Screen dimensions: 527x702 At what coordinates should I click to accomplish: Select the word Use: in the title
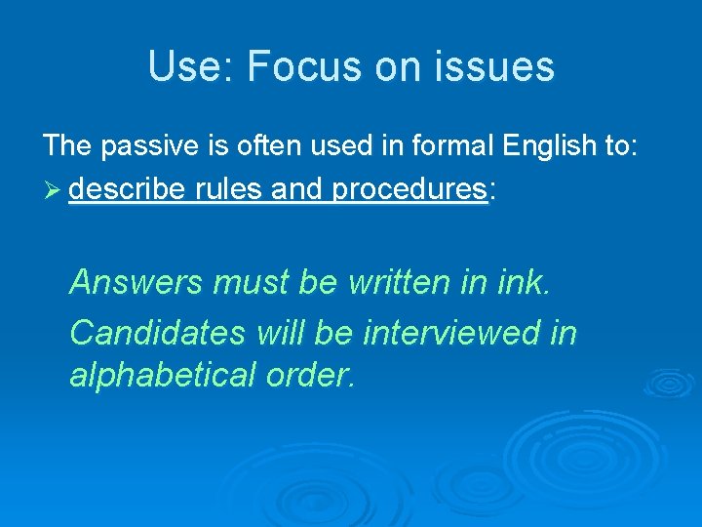pos(192,67)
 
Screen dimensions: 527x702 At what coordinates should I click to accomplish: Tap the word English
pos(549,146)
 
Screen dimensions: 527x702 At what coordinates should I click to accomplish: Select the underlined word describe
pos(127,188)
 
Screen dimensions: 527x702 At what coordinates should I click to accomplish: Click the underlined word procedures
pos(409,188)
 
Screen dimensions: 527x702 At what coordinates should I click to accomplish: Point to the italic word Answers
pos(136,283)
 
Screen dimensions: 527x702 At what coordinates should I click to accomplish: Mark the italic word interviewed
pos(453,333)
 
